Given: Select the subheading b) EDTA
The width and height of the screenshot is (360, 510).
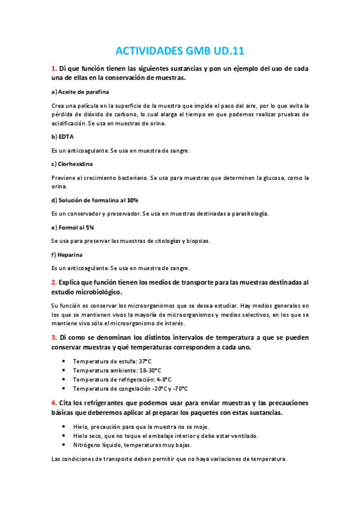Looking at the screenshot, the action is (63, 137).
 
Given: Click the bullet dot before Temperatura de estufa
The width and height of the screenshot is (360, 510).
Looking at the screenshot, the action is (64, 361).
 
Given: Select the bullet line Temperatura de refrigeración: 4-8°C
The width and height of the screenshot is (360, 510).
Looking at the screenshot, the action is (122, 379).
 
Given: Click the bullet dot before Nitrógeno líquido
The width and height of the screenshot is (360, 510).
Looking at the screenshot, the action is (64, 445).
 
